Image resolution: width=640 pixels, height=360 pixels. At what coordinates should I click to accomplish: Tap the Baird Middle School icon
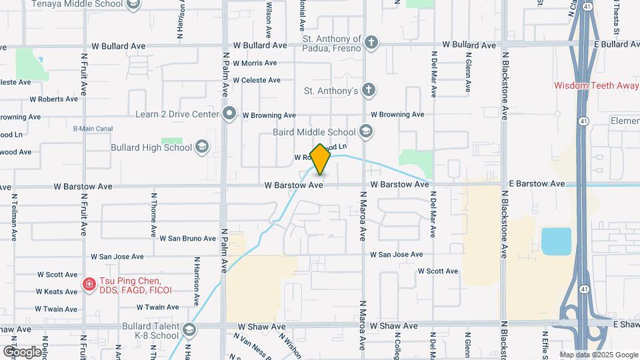tap(365, 131)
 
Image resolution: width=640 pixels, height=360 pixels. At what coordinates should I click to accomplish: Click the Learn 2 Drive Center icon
tap(230, 114)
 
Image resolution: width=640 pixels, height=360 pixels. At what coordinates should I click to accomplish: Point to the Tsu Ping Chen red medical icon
tap(89, 285)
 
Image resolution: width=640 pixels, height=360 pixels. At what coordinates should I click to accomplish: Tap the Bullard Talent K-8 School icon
tap(189, 330)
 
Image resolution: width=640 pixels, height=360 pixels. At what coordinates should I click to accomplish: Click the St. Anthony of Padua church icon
tap(371, 44)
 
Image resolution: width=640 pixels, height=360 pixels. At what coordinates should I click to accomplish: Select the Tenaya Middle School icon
tap(133, 5)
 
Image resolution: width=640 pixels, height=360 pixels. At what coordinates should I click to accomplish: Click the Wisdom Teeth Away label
tap(597, 85)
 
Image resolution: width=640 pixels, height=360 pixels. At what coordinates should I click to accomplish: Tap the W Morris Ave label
tap(254, 63)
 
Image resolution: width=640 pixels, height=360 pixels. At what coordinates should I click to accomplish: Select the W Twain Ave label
tap(157, 307)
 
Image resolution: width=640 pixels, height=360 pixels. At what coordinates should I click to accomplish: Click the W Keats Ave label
tap(57, 291)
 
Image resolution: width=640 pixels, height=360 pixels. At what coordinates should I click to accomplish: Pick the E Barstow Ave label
tap(537, 183)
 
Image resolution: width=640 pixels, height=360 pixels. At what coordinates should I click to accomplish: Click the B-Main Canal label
tap(91, 128)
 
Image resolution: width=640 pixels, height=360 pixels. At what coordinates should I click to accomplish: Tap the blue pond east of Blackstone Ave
tap(556, 241)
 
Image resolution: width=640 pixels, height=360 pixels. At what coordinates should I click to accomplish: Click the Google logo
tap(21, 351)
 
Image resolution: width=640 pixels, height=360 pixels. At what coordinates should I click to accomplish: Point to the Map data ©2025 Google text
tap(598, 355)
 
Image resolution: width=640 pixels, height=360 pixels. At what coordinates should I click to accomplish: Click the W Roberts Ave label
tap(53, 99)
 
